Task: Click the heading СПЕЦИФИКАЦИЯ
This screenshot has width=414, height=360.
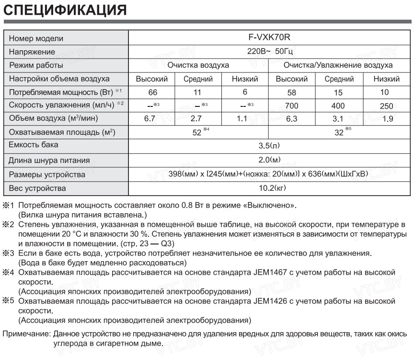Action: (66, 10)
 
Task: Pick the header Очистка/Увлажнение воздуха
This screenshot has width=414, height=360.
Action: (338, 65)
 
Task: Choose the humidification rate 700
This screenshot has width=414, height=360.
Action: (291, 106)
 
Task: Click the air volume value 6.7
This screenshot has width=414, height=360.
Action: (150, 119)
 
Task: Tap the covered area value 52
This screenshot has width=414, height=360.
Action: (196, 133)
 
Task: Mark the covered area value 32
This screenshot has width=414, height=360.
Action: (339, 133)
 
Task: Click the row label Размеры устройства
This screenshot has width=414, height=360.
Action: (47, 174)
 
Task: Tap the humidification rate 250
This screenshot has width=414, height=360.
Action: (386, 106)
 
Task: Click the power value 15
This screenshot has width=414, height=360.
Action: (339, 93)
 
